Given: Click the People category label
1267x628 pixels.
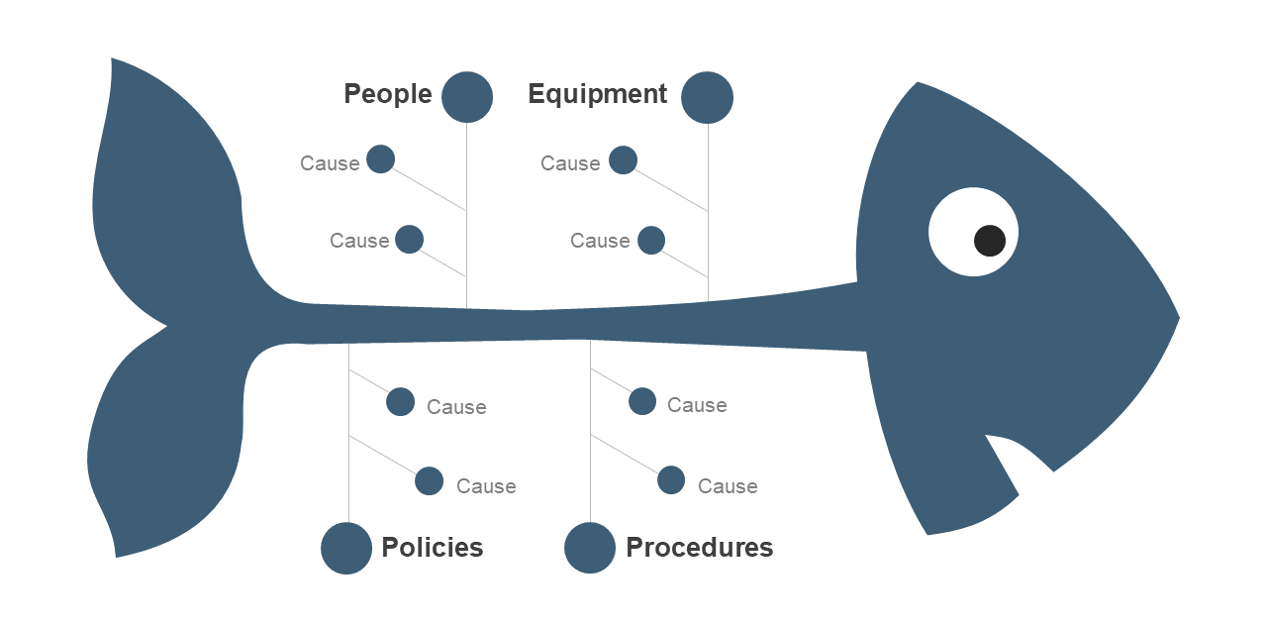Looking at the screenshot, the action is click(x=388, y=94).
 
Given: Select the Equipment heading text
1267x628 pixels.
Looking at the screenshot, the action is click(x=597, y=94).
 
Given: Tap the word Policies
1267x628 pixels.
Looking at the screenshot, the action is click(x=433, y=548).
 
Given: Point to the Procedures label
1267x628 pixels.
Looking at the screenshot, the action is click(x=699, y=548).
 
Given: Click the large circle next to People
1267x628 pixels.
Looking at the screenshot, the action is click(x=467, y=97).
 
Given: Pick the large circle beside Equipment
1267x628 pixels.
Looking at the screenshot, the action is click(x=707, y=97).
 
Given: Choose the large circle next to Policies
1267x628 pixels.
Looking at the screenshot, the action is click(x=346, y=548).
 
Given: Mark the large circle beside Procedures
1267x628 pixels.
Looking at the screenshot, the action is click(x=590, y=548).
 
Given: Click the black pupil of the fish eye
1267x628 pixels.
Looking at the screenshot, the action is click(x=990, y=241).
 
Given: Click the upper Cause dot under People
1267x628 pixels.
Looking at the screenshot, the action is click(x=381, y=158).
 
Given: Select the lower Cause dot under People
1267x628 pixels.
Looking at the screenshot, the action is click(x=410, y=240).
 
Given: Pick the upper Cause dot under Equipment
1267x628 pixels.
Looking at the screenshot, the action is click(x=623, y=159).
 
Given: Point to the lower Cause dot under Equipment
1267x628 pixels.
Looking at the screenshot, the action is click(x=651, y=240).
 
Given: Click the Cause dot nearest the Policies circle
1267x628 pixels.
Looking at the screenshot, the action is click(x=429, y=480).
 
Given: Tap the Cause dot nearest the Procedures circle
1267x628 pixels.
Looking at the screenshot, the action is click(x=671, y=479).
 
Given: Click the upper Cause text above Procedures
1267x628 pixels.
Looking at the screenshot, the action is click(x=697, y=405).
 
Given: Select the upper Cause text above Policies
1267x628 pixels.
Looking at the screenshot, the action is click(x=456, y=407).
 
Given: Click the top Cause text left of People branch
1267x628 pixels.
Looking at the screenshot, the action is click(x=330, y=162).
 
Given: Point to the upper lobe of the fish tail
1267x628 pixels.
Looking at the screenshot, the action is click(x=169, y=192).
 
